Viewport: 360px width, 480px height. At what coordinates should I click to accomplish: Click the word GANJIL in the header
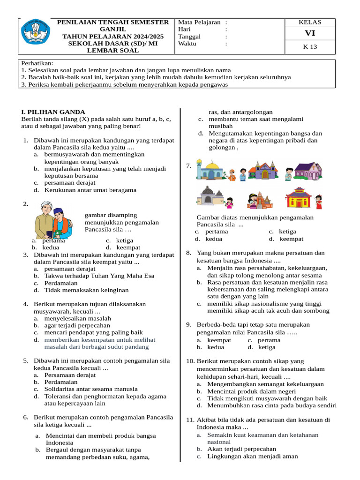(113, 29)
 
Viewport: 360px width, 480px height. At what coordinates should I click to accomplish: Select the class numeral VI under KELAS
(310, 33)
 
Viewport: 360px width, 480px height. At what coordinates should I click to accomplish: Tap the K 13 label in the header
(310, 47)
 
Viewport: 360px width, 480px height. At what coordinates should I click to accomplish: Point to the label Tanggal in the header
(189, 37)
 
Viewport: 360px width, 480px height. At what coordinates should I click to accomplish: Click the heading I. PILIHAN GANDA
(53, 112)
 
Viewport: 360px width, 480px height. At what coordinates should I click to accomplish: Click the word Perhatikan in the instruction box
(37, 63)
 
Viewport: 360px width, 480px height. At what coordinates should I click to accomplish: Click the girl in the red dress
(318, 202)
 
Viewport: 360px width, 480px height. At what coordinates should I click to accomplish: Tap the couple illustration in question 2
(53, 219)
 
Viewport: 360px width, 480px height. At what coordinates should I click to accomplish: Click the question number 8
(188, 253)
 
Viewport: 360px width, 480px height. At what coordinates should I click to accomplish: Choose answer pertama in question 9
(269, 340)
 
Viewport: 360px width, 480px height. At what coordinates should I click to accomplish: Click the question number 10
(190, 361)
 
